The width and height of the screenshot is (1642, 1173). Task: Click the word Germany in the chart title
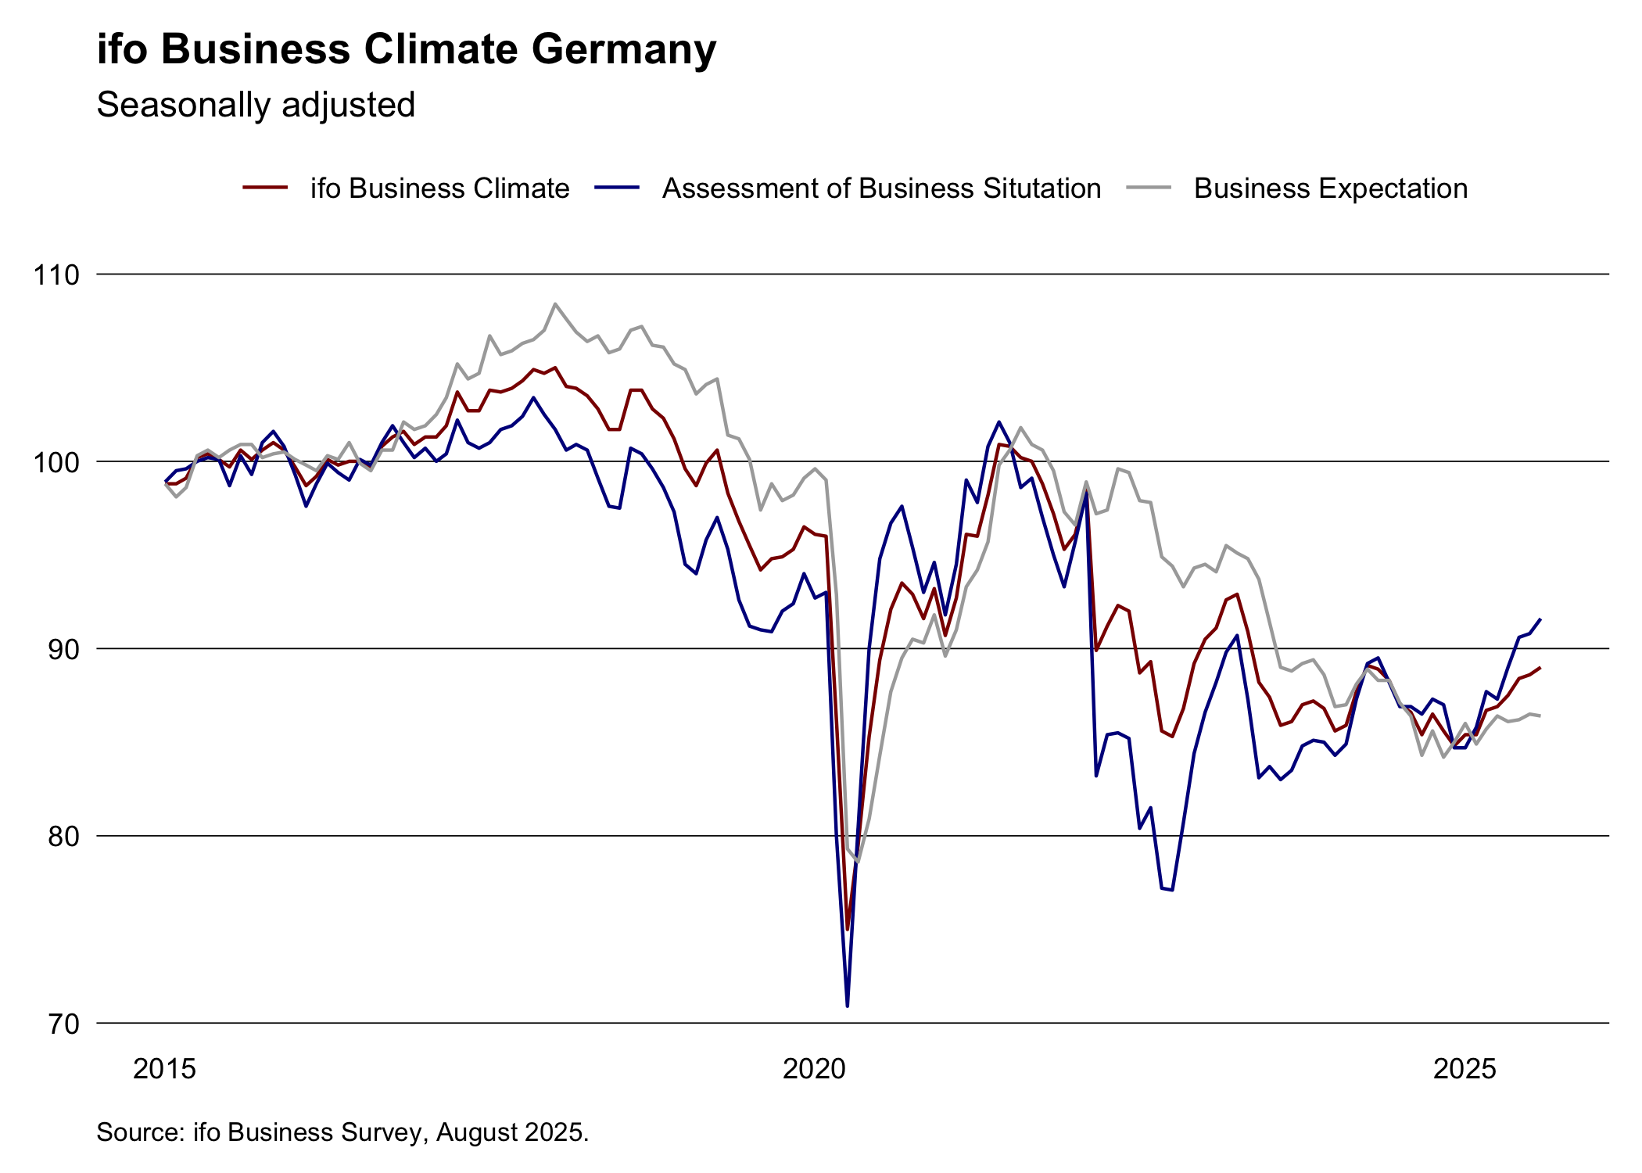click(x=623, y=50)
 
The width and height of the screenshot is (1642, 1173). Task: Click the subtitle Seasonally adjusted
click(x=256, y=105)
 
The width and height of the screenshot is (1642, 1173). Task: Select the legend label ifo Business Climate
click(x=439, y=188)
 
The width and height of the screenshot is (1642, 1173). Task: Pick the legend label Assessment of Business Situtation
click(x=881, y=188)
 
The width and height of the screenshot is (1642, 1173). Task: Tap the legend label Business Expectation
click(x=1330, y=188)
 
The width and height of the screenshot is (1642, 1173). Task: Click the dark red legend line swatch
click(x=266, y=188)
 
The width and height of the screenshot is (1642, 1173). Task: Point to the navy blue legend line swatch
click(x=617, y=188)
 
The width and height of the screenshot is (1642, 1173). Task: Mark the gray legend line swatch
click(x=1149, y=188)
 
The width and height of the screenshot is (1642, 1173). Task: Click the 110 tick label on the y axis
click(x=56, y=275)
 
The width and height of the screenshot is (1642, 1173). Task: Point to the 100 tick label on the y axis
click(x=56, y=462)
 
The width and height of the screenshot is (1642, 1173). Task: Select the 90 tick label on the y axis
click(x=64, y=649)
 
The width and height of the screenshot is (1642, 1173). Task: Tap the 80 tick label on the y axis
click(x=64, y=837)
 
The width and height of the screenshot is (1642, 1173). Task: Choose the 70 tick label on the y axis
click(x=64, y=1024)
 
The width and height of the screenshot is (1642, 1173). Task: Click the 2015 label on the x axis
click(x=164, y=1069)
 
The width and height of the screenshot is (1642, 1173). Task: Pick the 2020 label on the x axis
click(x=814, y=1069)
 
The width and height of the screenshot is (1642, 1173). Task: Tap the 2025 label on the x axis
click(x=1464, y=1069)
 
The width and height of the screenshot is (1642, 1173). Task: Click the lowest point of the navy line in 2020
click(x=848, y=1005)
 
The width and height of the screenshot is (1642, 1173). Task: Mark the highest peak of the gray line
click(x=554, y=303)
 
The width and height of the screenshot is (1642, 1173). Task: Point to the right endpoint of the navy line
click(x=1540, y=619)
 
